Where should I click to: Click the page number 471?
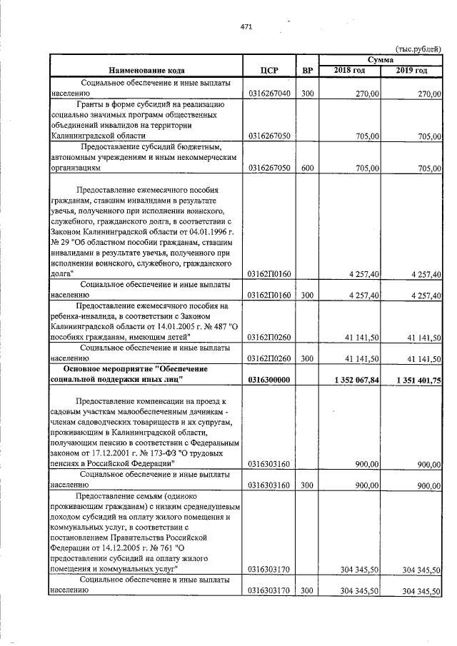pos(246,26)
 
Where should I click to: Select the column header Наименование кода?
pos(147,71)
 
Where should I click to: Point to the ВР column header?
pos(307,71)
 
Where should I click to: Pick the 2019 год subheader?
pos(411,70)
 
